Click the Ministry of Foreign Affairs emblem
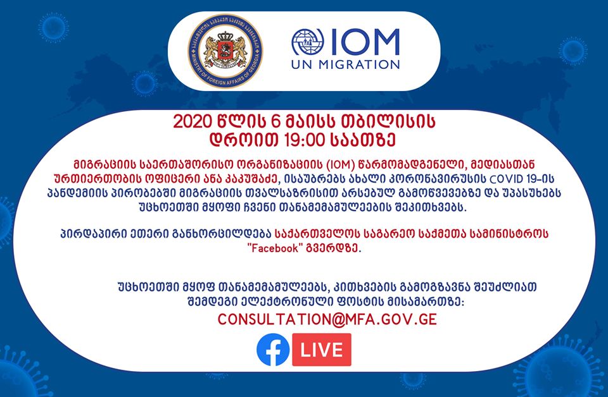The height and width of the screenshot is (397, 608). (x=225, y=51)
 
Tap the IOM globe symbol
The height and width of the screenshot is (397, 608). (x=308, y=42)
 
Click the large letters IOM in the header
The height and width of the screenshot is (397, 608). (x=365, y=42)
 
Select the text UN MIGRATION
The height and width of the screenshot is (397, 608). (x=346, y=64)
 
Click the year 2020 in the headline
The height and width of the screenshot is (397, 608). (x=193, y=121)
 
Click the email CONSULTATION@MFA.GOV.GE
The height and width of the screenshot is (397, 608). (x=327, y=320)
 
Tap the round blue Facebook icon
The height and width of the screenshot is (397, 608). (x=273, y=350)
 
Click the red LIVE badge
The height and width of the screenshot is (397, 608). (x=322, y=350)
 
